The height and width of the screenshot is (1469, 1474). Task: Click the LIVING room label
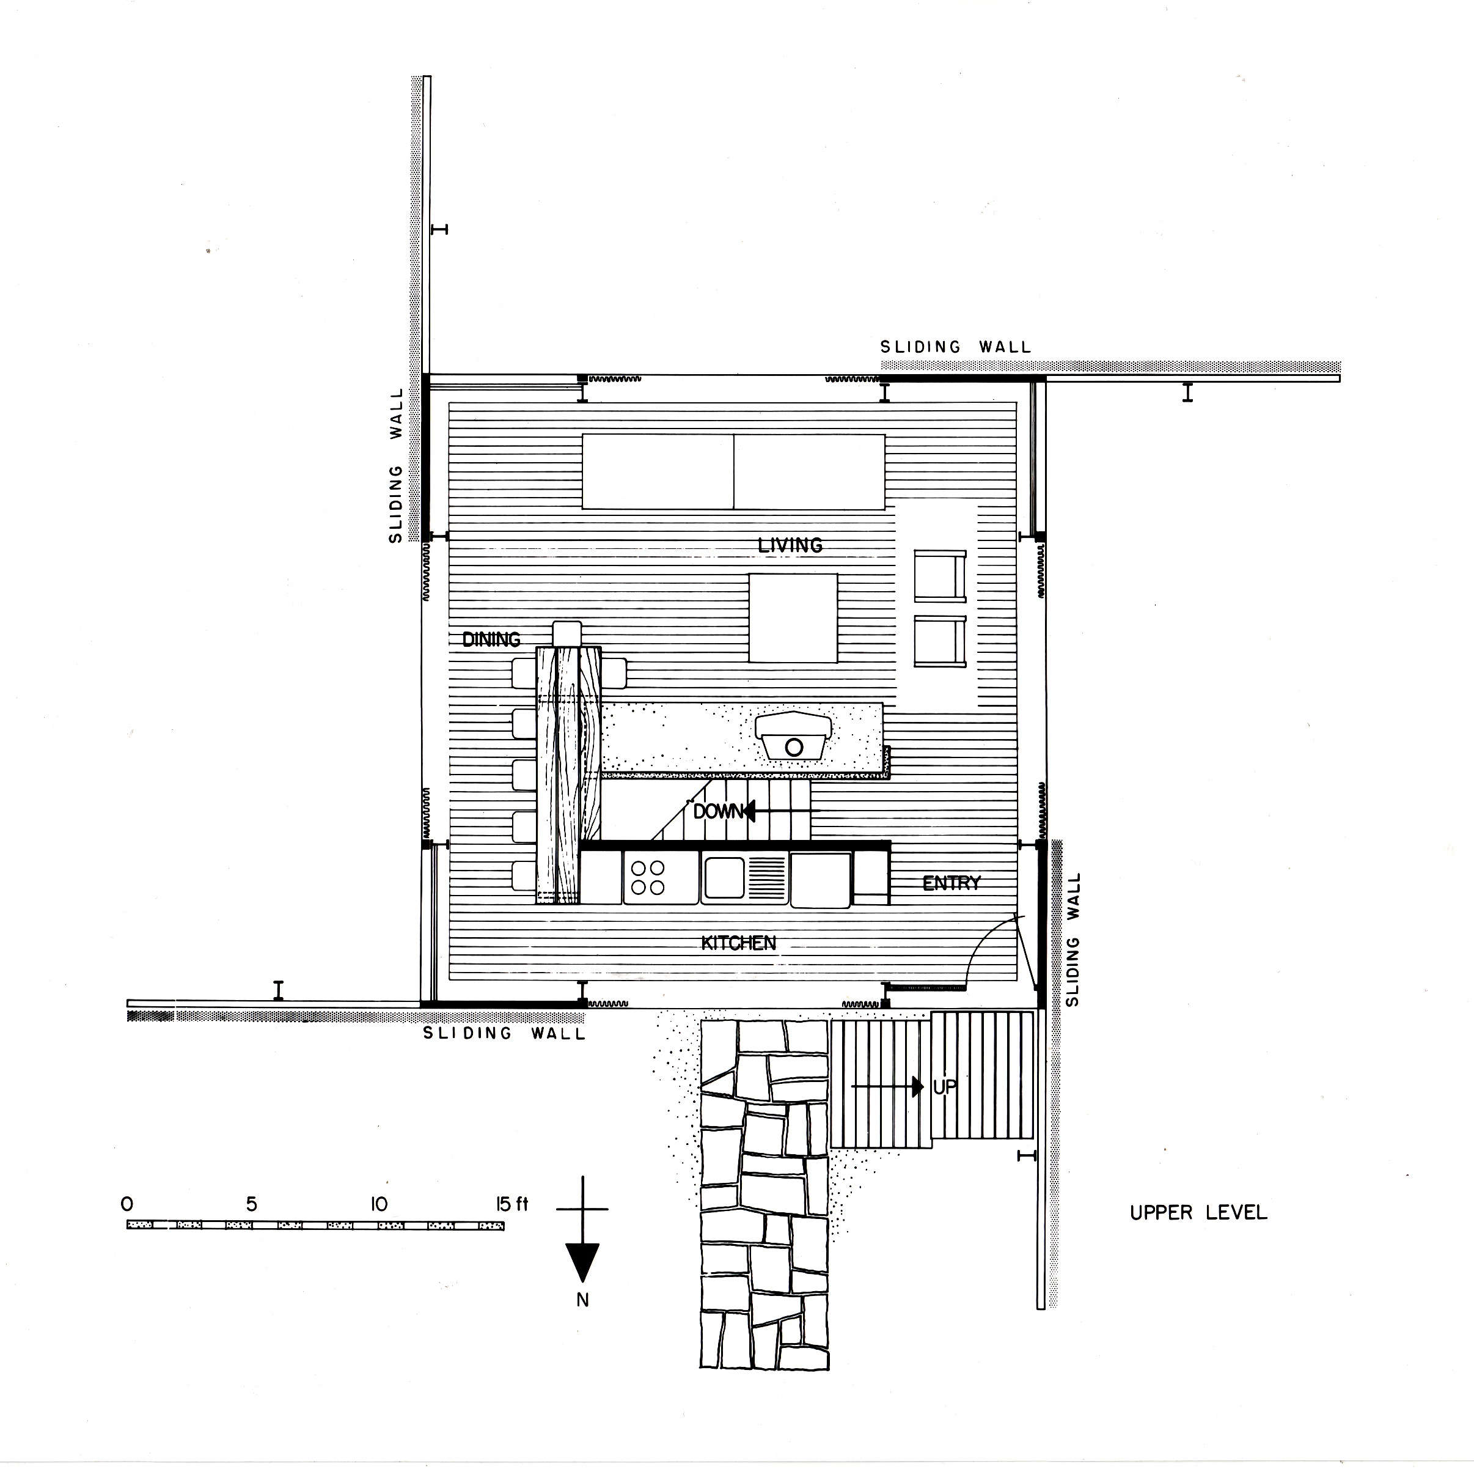(x=790, y=545)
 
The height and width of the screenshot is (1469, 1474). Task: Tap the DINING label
(x=491, y=639)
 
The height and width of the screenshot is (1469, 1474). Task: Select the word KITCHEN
(x=738, y=943)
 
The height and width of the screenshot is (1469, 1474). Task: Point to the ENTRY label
(x=952, y=883)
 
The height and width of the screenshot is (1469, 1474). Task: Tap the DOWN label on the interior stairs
(x=718, y=811)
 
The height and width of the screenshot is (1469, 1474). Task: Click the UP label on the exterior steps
(x=945, y=1087)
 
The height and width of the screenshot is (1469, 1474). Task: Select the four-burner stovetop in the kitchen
(x=648, y=878)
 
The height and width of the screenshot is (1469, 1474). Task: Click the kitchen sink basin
(x=724, y=878)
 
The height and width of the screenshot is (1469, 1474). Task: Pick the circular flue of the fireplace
(x=793, y=747)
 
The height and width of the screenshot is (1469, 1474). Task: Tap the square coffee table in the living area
(x=793, y=618)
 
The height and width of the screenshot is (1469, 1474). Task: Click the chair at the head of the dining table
(x=567, y=633)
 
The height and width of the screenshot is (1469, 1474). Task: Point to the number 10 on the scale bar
(x=378, y=1205)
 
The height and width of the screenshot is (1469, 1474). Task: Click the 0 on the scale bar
(x=127, y=1205)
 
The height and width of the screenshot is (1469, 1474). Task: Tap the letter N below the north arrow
(x=583, y=1300)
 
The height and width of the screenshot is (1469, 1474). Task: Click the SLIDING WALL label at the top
(x=955, y=347)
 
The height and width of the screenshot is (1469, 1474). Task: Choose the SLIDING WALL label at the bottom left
(x=504, y=1033)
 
